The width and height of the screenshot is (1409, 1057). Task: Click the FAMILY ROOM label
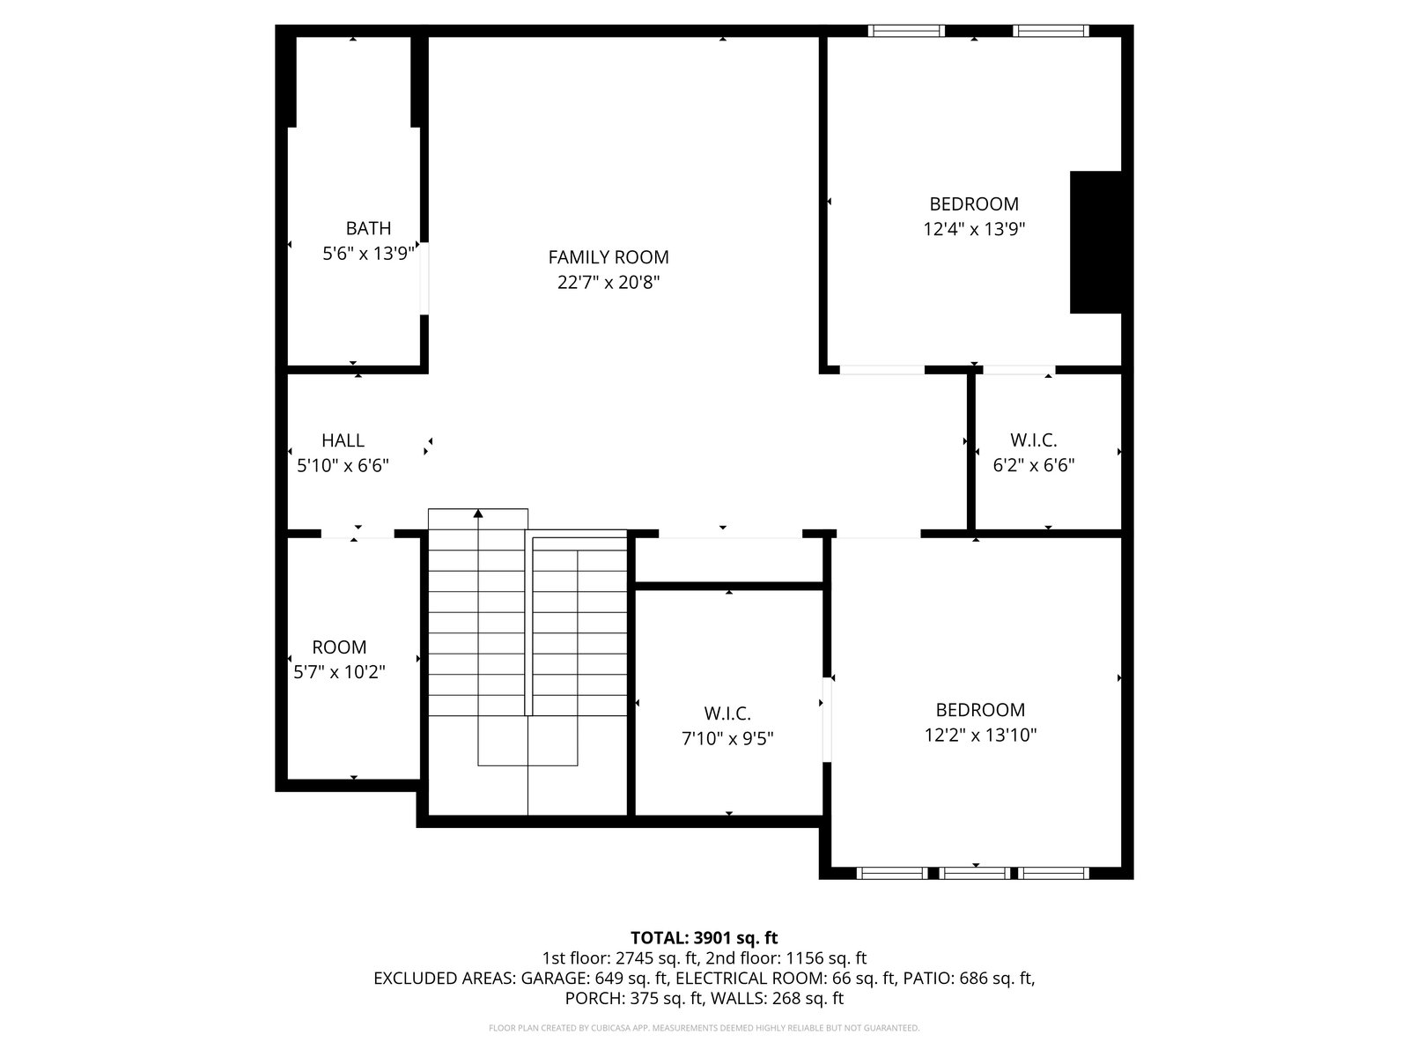[608, 257]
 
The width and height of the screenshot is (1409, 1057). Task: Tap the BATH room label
[368, 228]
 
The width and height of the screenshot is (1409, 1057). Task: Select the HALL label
[343, 440]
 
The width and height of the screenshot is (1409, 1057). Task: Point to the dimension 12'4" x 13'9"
[974, 229]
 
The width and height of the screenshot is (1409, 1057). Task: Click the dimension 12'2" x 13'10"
[980, 735]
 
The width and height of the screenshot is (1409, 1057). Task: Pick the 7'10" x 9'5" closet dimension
[727, 739]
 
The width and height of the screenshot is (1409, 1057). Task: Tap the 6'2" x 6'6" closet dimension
[1034, 465]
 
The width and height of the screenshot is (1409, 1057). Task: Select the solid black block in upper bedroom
[1095, 242]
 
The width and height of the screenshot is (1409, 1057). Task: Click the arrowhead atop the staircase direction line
[477, 514]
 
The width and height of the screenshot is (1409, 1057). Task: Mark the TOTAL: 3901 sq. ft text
[704, 937]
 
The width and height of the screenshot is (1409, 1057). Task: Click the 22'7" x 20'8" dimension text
[609, 283]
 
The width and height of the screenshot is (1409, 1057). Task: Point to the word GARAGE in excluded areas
[555, 978]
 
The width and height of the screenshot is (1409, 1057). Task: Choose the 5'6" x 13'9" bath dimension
[368, 254]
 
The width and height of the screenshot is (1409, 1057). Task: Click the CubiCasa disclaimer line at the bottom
[704, 1028]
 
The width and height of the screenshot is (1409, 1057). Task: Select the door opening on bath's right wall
[424, 278]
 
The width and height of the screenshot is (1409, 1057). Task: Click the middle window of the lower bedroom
[974, 873]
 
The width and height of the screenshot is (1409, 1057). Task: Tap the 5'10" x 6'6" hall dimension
[343, 465]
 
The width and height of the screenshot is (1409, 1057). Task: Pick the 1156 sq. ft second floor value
[825, 958]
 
